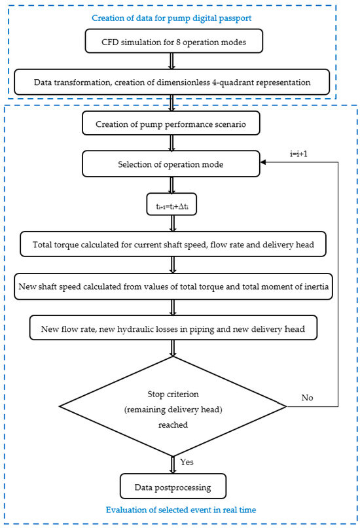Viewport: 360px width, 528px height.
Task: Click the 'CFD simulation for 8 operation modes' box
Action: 173,41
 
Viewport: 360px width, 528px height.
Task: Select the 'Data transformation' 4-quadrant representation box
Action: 171,82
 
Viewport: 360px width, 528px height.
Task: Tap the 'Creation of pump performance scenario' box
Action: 171,123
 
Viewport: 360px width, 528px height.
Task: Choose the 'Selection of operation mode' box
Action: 171,164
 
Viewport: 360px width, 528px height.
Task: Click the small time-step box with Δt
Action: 171,204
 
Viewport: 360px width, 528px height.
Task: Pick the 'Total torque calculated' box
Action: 173,244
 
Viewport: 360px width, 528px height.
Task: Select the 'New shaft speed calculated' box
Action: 173,287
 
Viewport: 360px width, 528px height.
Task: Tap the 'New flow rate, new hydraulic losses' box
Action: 173,328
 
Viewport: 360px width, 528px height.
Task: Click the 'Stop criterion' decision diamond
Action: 173,406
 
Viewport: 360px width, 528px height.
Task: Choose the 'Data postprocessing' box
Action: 173,486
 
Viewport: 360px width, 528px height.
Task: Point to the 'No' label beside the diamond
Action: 307,398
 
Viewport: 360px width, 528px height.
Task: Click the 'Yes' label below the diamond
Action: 187,462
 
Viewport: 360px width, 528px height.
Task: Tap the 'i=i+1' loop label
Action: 298,154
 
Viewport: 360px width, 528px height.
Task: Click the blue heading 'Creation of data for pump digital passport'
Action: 171,18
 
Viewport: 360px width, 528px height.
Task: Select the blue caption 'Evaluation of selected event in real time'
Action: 181,510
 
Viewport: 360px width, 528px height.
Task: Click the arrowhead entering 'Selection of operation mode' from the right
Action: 263,162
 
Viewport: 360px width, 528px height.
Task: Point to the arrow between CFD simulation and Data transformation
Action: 171,62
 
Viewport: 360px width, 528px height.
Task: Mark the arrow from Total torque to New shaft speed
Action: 173,265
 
